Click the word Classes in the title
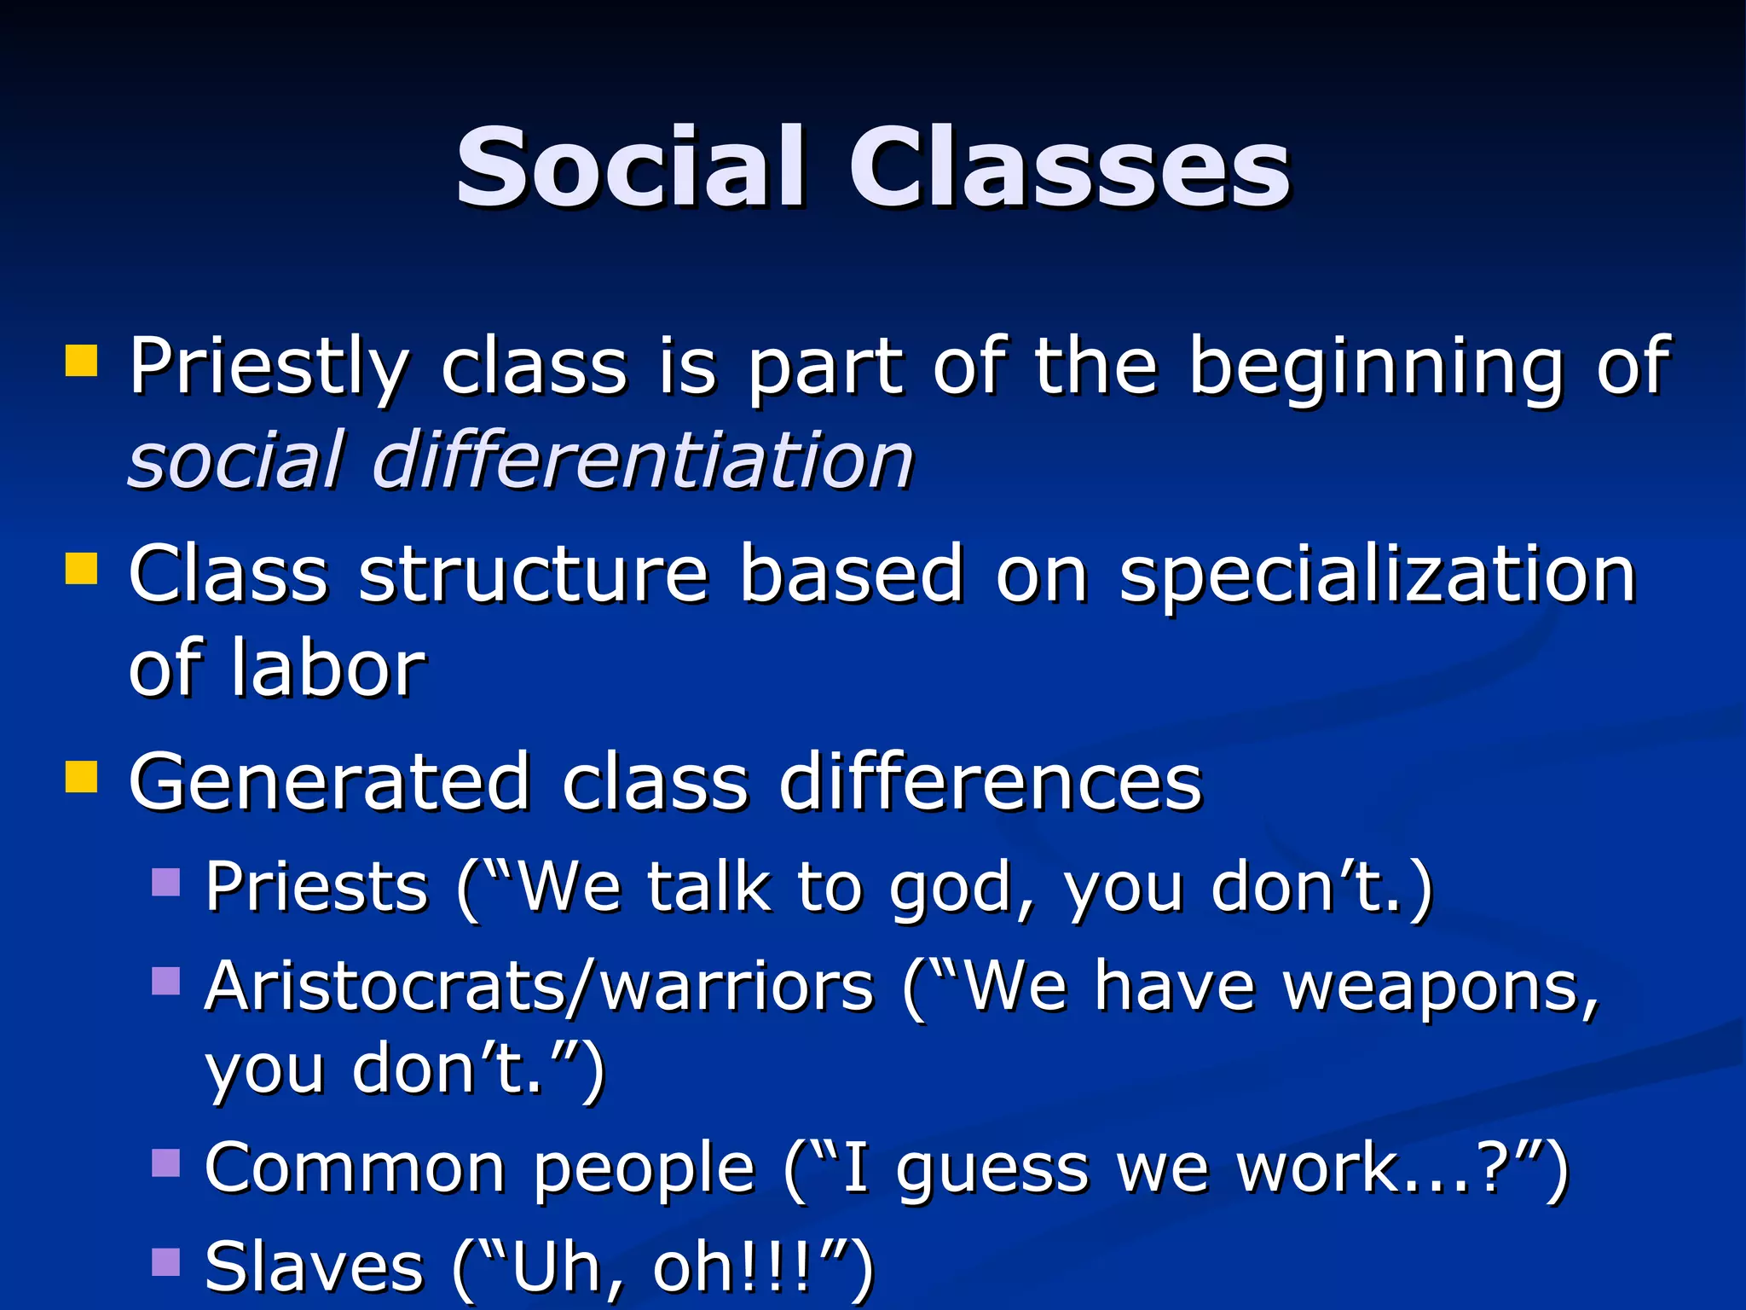pos(1069,167)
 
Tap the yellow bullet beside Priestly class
pos(82,361)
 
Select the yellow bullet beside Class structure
pos(82,568)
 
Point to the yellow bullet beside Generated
pos(82,776)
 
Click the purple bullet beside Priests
pos(166,882)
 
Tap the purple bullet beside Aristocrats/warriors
pos(166,981)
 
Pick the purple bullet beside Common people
pos(166,1162)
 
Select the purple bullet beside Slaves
pos(166,1261)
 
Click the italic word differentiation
pos(643,461)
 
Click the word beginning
pos(1376,367)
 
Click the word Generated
pos(329,781)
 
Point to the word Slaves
pos(314,1267)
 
